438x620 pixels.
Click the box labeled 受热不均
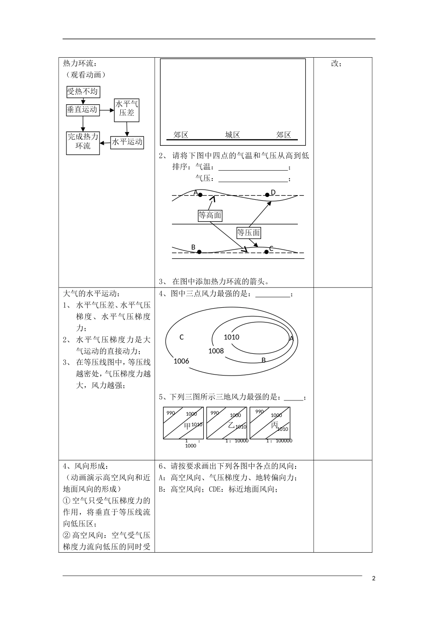[83, 91]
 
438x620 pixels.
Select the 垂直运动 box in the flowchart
[83, 110]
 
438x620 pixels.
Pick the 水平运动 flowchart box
[127, 142]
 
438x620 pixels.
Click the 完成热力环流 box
[83, 142]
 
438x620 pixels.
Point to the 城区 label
[232, 135]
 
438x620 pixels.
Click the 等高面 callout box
[210, 215]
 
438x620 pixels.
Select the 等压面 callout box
[249, 232]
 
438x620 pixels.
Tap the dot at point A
[200, 195]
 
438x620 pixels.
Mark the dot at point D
[267, 195]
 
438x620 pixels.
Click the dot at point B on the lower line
[199, 252]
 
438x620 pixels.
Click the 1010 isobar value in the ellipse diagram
[231, 337]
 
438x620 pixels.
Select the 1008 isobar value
[216, 351]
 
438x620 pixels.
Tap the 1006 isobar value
[181, 361]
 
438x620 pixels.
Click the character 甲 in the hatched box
[187, 426]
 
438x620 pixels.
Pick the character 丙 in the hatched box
[274, 425]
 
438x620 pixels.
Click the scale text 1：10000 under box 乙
[237, 441]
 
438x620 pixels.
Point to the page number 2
[373, 578]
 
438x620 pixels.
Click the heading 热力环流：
[80, 63]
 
